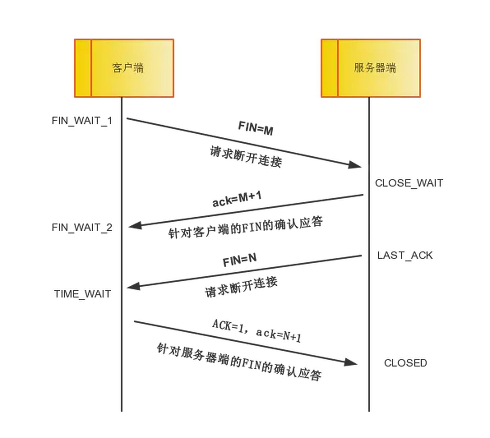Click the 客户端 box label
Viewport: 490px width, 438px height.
tap(128, 68)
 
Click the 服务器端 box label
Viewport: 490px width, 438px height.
tap(375, 68)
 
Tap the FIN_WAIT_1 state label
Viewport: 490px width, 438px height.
tap(82, 121)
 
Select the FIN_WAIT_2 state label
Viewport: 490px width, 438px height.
tap(82, 228)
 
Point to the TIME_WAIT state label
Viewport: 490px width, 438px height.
tap(82, 294)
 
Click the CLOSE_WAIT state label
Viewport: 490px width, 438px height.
tap(409, 183)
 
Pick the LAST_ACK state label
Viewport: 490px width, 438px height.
tap(405, 255)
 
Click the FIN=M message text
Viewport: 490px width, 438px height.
tap(256, 128)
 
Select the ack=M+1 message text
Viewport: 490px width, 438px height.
tap(237, 199)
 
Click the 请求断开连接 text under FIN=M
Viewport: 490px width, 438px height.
tap(246, 157)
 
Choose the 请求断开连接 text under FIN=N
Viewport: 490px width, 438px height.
tap(241, 287)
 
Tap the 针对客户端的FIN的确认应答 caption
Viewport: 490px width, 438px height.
tap(245, 228)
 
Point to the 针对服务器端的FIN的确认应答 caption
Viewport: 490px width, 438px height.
tap(239, 362)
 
